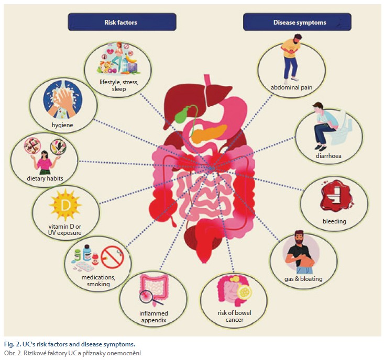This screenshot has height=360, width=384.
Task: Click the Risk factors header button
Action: [122, 22]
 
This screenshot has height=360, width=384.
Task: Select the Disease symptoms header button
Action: [297, 22]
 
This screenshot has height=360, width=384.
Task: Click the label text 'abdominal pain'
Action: [292, 87]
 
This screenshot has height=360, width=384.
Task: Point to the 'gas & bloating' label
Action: [304, 279]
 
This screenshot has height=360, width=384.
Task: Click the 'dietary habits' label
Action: [46, 178]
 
